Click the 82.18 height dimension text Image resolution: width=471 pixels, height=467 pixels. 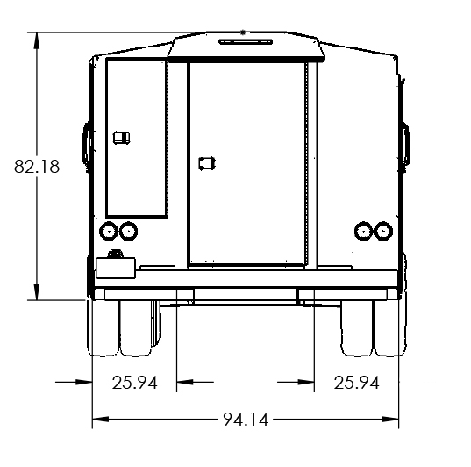[37, 166]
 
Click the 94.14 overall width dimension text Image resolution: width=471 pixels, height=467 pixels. [246, 420]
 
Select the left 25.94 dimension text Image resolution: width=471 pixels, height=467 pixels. [134, 383]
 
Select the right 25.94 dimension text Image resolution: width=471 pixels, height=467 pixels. [356, 383]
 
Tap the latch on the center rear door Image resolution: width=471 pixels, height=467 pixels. [207, 163]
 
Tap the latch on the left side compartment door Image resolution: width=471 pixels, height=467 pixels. [122, 138]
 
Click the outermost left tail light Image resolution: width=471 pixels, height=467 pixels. [109, 231]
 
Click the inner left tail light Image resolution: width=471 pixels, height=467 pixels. [129, 231]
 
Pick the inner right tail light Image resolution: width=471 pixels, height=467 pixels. [364, 231]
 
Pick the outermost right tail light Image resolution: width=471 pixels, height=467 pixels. [383, 231]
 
